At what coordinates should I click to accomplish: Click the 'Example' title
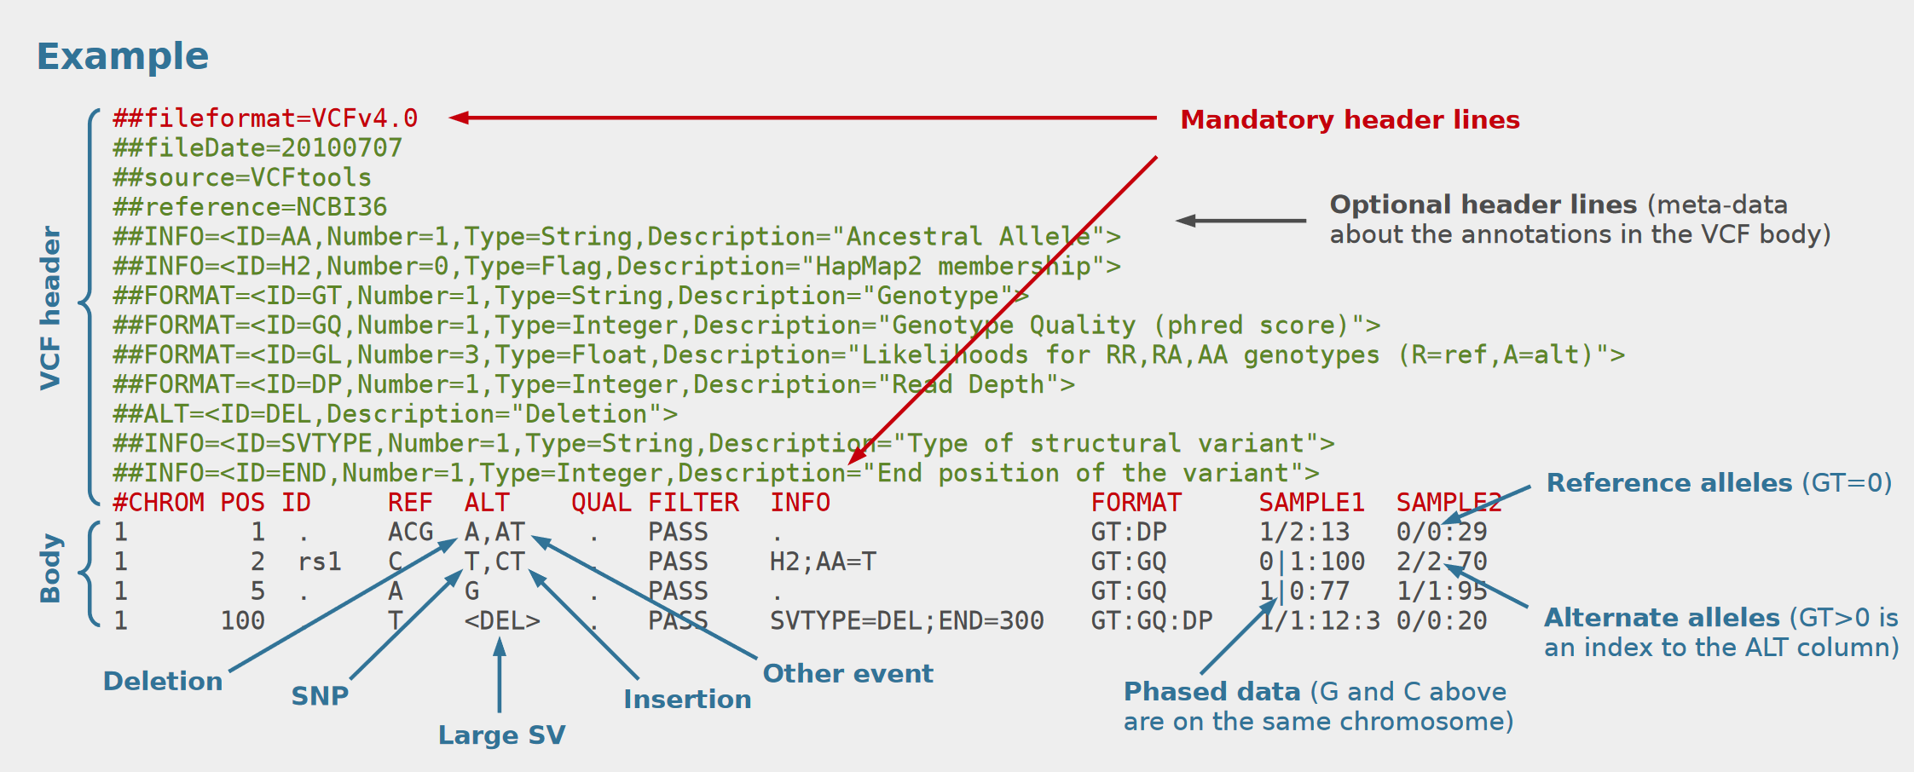(x=122, y=57)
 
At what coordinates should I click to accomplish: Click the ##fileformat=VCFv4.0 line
(x=265, y=118)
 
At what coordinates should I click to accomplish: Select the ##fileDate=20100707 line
(x=257, y=148)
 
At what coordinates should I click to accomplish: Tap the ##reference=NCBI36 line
(x=250, y=207)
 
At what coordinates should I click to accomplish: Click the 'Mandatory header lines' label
(x=1350, y=120)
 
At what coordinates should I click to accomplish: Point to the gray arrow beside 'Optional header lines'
(x=1240, y=221)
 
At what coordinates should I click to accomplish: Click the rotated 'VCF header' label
(x=51, y=308)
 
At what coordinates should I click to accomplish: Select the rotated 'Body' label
(x=51, y=568)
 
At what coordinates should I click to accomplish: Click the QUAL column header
(x=601, y=503)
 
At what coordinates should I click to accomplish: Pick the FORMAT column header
(x=1136, y=503)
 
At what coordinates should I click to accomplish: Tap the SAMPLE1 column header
(x=1311, y=503)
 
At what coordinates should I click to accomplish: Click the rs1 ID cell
(x=320, y=562)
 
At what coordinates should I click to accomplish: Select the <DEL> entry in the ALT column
(x=502, y=621)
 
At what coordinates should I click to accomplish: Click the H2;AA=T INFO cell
(x=823, y=562)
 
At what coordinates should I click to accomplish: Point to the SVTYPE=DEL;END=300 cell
(x=907, y=621)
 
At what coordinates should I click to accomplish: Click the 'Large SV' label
(x=501, y=735)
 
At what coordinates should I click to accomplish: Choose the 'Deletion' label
(x=163, y=682)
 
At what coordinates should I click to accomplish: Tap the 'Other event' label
(x=847, y=674)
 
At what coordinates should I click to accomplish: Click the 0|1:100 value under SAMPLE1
(x=1312, y=562)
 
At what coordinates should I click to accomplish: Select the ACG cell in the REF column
(x=411, y=533)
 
